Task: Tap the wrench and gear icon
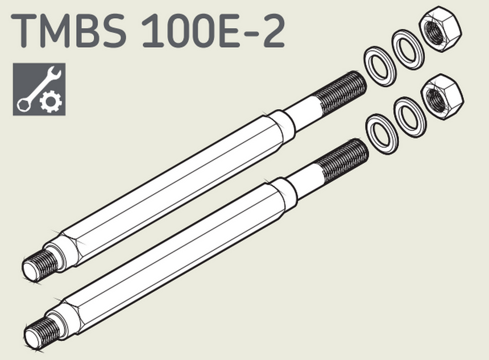coord(39,89)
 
